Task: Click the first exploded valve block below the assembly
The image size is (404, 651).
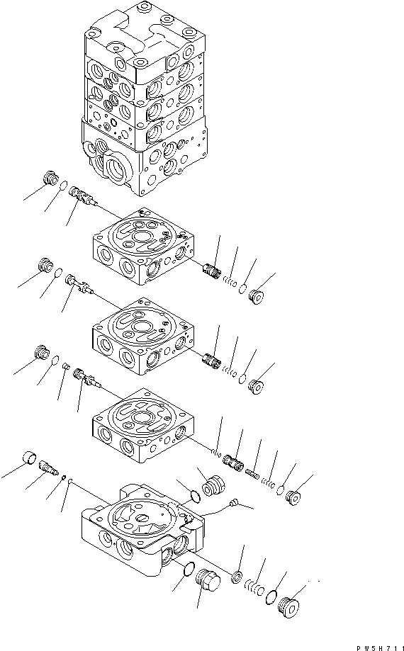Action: point(143,247)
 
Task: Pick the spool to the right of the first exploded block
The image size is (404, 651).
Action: point(211,271)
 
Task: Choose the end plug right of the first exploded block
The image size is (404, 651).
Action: point(254,295)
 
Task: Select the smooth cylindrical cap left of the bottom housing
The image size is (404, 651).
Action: point(28,458)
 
